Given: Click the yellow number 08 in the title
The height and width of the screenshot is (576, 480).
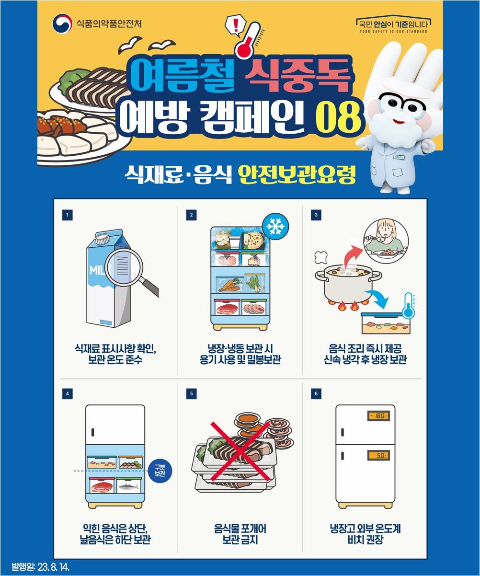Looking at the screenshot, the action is [338, 118].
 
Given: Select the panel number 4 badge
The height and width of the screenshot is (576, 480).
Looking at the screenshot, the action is [68, 393].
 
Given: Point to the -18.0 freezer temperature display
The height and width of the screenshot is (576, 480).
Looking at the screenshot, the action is [378, 416].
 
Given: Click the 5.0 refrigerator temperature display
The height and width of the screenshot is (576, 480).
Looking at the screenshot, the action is [378, 455].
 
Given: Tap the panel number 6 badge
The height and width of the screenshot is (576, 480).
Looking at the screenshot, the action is [316, 393].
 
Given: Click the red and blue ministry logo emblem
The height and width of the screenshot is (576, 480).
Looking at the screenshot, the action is [63, 23].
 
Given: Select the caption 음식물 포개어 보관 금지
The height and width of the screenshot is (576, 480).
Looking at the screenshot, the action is [240, 534].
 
